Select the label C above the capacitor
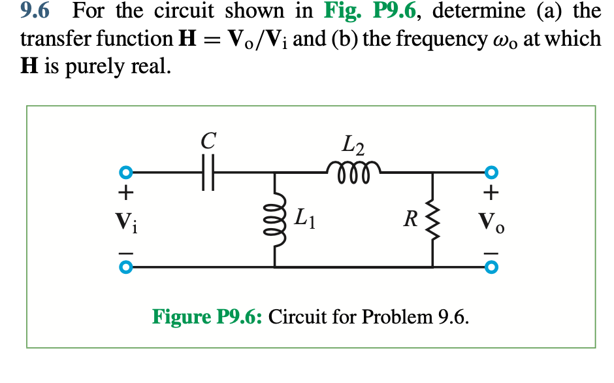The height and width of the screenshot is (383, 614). pos(208,139)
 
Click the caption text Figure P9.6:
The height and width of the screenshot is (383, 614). pos(207,317)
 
